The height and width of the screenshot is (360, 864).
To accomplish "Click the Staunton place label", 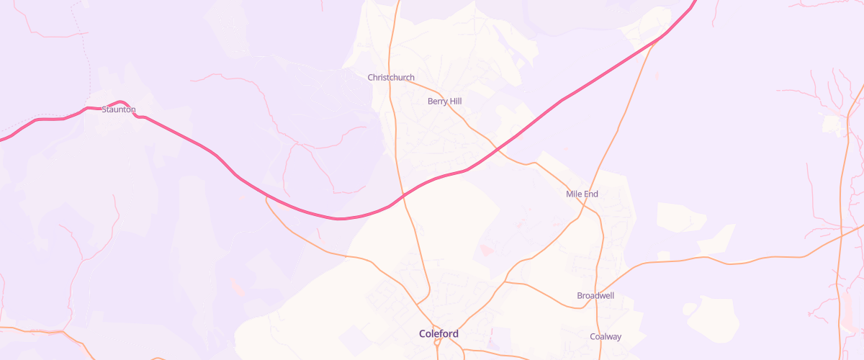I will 119,109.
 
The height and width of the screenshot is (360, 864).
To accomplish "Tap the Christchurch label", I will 391,78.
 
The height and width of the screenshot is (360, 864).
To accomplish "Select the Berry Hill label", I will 444,102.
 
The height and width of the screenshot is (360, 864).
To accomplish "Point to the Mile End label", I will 582,194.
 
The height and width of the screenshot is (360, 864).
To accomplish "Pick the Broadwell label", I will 595,296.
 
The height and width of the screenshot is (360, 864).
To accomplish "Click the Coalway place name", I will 606,337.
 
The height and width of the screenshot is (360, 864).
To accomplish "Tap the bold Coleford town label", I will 438,334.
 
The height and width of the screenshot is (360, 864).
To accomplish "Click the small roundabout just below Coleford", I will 437,343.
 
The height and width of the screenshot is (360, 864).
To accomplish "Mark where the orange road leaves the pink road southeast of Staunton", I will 267,197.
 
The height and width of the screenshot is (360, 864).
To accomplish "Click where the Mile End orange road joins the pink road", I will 657,42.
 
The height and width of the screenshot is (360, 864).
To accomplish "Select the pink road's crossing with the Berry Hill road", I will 496,150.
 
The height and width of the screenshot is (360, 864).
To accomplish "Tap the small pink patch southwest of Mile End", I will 485,250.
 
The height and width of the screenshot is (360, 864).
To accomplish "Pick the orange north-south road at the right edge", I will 840,216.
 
